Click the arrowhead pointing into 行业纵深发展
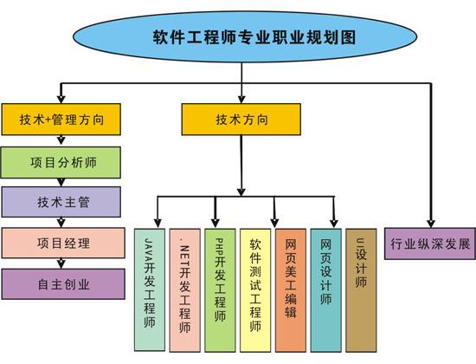point(430,223)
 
